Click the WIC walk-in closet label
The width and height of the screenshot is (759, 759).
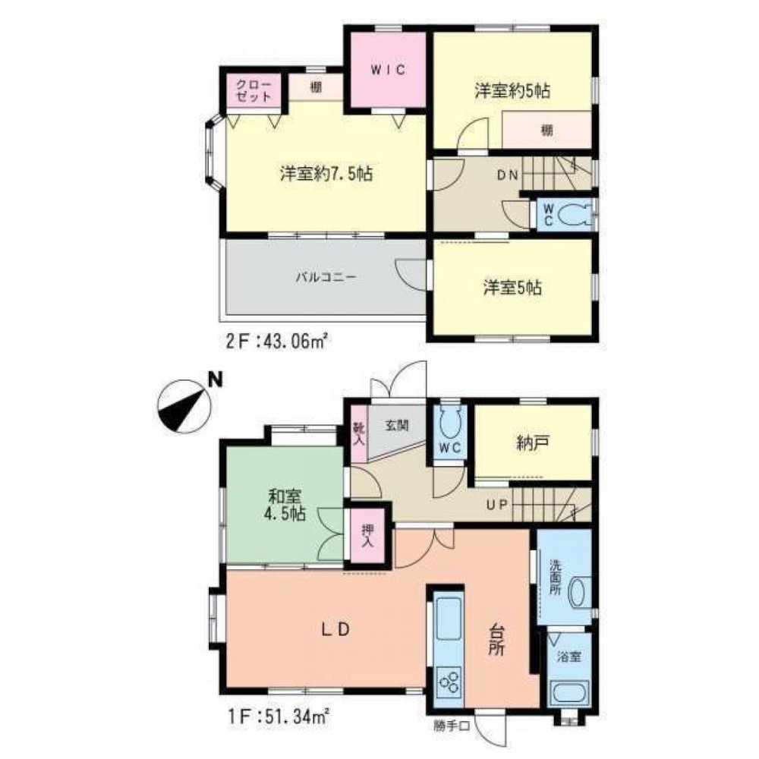coord(388,70)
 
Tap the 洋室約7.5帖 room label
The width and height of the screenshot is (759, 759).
coord(326,173)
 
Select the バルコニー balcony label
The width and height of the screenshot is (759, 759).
coord(326,277)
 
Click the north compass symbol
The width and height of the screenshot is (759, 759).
coord(184,405)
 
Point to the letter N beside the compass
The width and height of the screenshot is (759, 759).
coord(215,380)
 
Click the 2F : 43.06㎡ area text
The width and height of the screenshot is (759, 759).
coord(278,342)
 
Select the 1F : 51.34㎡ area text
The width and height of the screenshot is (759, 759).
coord(278,716)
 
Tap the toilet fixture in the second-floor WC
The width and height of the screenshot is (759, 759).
coord(574,215)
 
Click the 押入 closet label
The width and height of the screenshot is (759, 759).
coord(368,535)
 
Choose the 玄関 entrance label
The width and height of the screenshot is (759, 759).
coord(397,426)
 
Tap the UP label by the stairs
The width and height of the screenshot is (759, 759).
coord(496,505)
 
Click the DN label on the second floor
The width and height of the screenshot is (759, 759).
coord(507,175)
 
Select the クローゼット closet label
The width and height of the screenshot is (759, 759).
coord(254,90)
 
